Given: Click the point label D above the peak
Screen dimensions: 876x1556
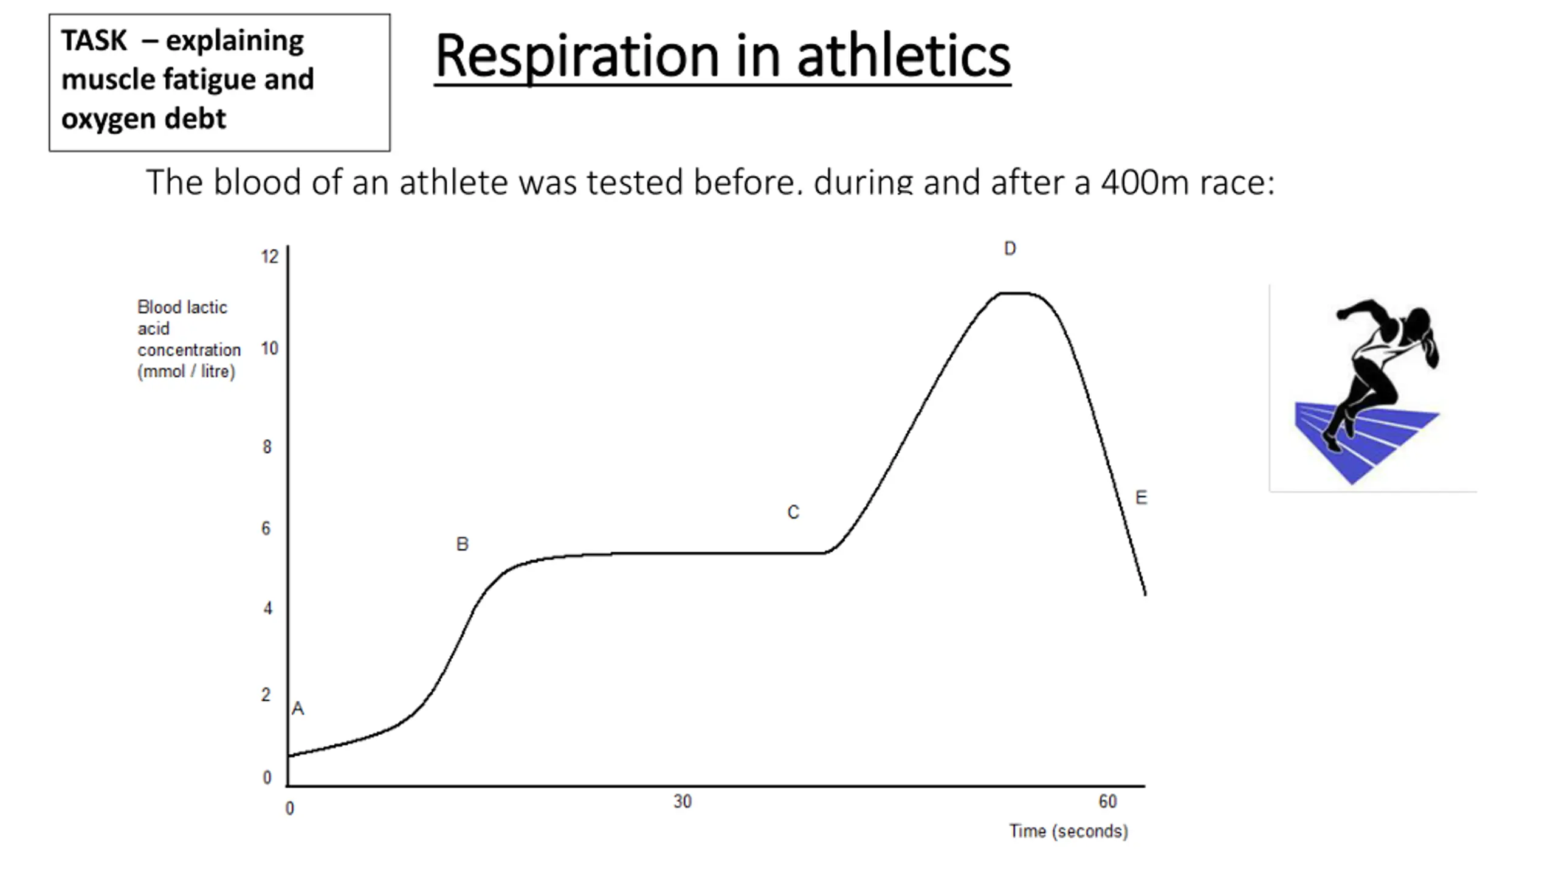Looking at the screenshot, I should coord(1010,248).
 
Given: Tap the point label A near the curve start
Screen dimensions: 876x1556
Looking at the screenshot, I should coord(298,708).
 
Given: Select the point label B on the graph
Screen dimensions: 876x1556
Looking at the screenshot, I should coord(462,544).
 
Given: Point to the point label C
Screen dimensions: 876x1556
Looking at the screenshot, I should coord(793,512).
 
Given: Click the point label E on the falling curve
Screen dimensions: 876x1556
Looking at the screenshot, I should coord(1141,498).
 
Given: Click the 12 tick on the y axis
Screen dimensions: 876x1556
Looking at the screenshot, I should coord(269,257).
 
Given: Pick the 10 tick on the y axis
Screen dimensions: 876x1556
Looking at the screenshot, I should coord(269,349).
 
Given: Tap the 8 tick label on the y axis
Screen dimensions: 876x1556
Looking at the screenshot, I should coord(267,447).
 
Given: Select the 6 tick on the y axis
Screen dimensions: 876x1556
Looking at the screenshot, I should coord(266,528).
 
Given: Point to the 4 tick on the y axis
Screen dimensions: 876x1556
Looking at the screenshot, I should coord(267,608).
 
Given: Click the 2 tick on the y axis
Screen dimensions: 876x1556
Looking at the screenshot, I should coord(266,695).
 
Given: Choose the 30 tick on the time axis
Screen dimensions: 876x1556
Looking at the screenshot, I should coord(682,802).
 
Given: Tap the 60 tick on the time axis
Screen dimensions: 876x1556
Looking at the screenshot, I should coord(1107,802).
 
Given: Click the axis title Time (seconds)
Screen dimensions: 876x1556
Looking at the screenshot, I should coord(1069,831).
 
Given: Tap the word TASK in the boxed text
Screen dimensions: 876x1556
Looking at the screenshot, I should coord(94,41).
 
